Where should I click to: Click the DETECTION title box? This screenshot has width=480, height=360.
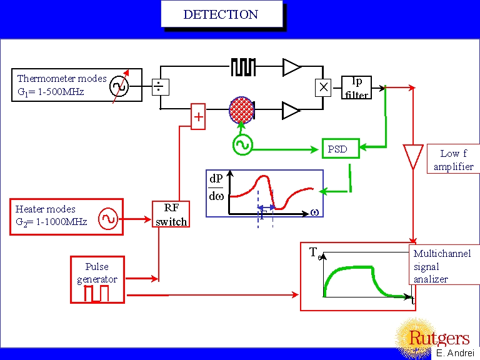pyautogui.click(x=221, y=14)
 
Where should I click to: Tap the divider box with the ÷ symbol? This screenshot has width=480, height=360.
pyautogui.click(x=161, y=87)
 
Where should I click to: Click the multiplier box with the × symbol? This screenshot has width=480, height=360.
pyautogui.click(x=322, y=87)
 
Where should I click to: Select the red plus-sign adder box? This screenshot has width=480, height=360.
pyautogui.click(x=198, y=117)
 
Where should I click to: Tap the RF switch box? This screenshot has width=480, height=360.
pyautogui.click(x=171, y=214)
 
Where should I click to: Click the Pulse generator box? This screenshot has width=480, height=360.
pyautogui.click(x=97, y=279)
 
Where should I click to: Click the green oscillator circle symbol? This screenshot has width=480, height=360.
pyautogui.click(x=242, y=145)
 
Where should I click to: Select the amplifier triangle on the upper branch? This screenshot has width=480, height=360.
pyautogui.click(x=291, y=67)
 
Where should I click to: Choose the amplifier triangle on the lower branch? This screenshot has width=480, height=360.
pyautogui.click(x=291, y=111)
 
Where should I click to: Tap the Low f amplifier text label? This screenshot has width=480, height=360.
pyautogui.click(x=453, y=160)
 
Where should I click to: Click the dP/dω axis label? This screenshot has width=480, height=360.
pyautogui.click(x=216, y=188)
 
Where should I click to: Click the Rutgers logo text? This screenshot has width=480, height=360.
pyautogui.click(x=439, y=339)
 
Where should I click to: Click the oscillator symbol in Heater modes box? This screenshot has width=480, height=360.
pyautogui.click(x=107, y=219)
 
